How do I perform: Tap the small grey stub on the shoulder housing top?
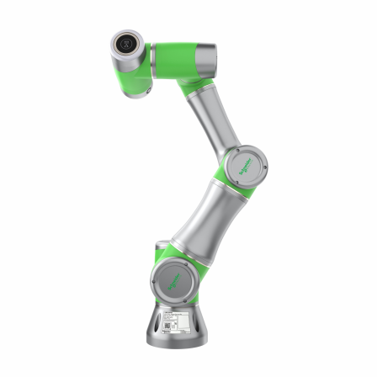(x=160, y=245)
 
